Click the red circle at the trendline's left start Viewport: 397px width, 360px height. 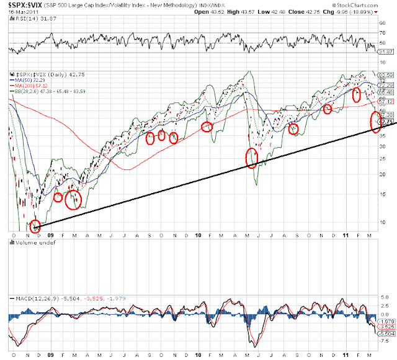pos(35,226)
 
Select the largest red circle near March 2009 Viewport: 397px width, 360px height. pos(73,200)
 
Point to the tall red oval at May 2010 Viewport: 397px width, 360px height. pos(251,158)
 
